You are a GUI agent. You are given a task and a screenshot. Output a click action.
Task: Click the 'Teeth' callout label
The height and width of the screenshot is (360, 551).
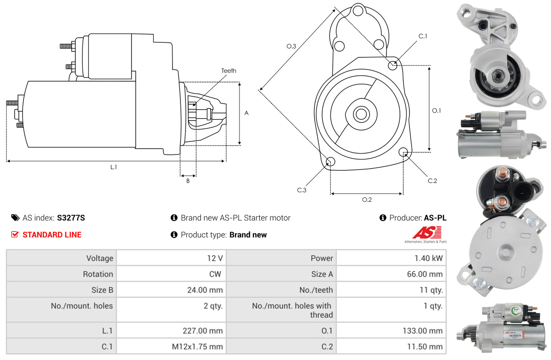[229, 71]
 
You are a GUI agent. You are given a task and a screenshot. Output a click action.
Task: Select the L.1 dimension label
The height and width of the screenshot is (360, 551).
[113, 167]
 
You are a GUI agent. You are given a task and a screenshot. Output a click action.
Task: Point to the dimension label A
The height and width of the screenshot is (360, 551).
[247, 113]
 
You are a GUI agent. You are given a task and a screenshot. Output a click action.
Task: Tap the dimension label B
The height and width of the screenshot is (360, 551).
[188, 181]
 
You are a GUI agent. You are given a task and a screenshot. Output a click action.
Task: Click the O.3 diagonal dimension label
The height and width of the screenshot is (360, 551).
[291, 46]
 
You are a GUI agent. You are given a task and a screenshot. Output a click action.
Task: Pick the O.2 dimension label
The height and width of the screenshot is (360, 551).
[367, 200]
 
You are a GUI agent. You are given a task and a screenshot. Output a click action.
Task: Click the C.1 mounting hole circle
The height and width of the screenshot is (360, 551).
[393, 65]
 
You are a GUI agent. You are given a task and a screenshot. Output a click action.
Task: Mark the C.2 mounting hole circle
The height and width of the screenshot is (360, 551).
[403, 152]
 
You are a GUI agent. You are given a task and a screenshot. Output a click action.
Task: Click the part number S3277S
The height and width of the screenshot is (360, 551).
[71, 218]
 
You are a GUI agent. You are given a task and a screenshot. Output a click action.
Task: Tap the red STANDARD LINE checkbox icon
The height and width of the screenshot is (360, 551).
[15, 234]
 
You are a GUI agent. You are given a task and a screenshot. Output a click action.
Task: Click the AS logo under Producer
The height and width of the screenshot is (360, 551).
[427, 233]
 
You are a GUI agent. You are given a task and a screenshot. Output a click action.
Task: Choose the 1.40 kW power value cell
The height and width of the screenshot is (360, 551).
[391, 258]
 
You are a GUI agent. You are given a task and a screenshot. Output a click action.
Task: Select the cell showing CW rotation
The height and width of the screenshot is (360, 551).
[171, 274]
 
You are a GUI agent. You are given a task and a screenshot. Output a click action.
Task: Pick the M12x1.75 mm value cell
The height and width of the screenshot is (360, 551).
[171, 347]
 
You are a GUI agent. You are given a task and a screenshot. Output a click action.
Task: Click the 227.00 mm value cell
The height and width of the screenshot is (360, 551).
[171, 331]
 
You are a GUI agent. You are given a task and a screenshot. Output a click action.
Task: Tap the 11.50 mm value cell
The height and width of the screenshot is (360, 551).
[391, 347]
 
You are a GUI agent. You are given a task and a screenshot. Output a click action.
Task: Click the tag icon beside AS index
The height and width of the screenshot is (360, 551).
[15, 218]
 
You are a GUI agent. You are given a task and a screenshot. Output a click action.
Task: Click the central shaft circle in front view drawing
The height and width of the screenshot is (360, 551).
[360, 114]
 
